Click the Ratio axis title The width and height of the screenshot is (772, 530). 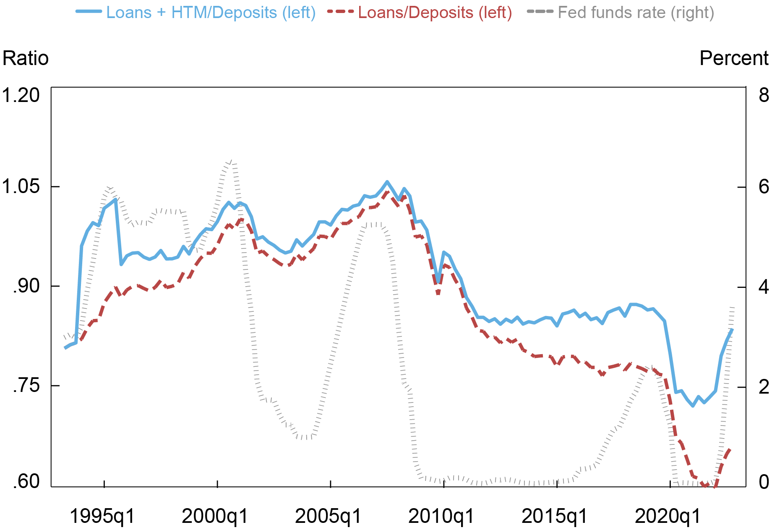coord(26,58)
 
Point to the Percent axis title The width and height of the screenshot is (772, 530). coord(734,58)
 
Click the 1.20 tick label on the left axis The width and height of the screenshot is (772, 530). coord(21,95)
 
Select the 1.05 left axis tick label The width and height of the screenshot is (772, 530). coord(21,186)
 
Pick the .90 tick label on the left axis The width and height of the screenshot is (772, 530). coord(26,286)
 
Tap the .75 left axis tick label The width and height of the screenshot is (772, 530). coord(26,386)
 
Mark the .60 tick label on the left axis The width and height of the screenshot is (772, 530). coord(26,482)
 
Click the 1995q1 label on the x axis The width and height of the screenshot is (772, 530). coord(102,516)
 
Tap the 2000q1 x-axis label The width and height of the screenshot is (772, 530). coord(215,516)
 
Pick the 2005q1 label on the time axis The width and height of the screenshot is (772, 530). coord(329,516)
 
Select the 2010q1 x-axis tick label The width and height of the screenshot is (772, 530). coord(441,516)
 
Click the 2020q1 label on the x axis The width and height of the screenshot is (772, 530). coord(668,516)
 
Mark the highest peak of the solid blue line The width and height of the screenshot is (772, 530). coord(387,182)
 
